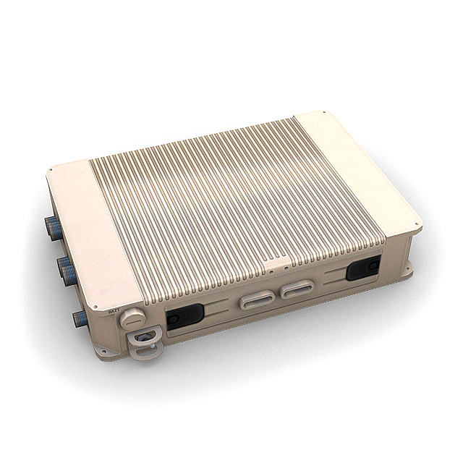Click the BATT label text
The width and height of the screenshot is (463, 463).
click(x=113, y=313)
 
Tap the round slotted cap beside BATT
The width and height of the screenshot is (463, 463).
click(x=132, y=318)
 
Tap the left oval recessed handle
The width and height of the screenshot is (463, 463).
click(x=258, y=299)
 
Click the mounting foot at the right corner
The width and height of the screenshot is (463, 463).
click(x=407, y=273)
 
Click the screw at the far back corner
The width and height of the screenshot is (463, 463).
click(x=325, y=114)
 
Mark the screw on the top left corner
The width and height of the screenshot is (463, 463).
click(x=51, y=171)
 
